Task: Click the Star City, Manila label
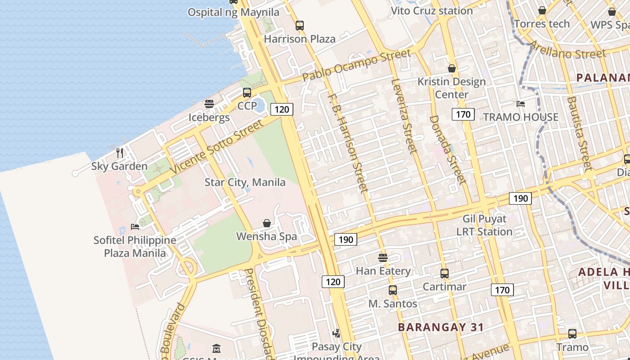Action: pos(245,182)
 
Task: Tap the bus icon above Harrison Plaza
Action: pos(300,26)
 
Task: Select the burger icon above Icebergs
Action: pos(209,104)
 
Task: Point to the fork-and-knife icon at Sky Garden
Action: pos(120,153)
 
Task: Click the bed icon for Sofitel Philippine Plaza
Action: pos(135,227)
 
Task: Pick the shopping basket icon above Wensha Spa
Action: pos(267,223)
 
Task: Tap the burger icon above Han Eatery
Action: pos(383,258)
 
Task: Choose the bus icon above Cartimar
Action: pos(445,274)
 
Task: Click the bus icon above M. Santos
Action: pos(393,290)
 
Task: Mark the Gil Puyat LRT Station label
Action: pos(484,225)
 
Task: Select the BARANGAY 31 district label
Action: pos(441,327)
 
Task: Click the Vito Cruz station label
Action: pos(432,11)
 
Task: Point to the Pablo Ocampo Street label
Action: pos(356,65)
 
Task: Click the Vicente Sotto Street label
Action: pos(216,147)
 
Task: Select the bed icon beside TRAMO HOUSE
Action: pos(521,104)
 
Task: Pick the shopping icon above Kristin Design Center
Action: pos(452,68)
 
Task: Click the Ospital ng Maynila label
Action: pos(233,12)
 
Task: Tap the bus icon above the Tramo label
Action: pos(572,334)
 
